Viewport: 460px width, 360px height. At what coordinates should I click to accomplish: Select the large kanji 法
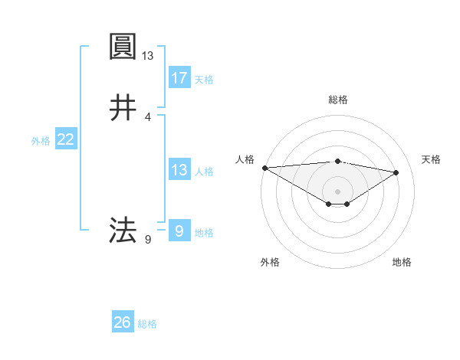pyautogui.click(x=123, y=229)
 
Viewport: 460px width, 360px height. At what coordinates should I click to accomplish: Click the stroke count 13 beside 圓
pyautogui.click(x=148, y=56)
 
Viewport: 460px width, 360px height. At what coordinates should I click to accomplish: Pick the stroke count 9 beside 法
pyautogui.click(x=148, y=240)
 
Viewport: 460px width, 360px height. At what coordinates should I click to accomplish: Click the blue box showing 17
pyautogui.click(x=179, y=78)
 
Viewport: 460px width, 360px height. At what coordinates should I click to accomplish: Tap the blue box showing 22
pyautogui.click(x=66, y=139)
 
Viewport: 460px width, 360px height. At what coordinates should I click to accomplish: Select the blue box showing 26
pyautogui.click(x=123, y=323)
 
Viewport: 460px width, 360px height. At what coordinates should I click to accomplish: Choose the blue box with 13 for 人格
pyautogui.click(x=179, y=170)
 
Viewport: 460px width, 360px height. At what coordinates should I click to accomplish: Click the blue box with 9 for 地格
pyautogui.click(x=179, y=231)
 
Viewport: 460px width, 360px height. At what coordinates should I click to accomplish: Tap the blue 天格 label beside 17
pyautogui.click(x=204, y=79)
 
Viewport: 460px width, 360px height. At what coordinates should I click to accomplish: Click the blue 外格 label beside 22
pyautogui.click(x=41, y=140)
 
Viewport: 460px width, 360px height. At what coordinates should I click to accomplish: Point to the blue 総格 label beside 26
pyautogui.click(x=147, y=324)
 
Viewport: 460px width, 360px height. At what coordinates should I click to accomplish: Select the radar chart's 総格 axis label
pyautogui.click(x=338, y=100)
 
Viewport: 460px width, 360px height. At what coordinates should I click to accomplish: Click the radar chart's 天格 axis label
pyautogui.click(x=432, y=159)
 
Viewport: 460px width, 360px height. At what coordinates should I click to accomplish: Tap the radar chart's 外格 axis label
pyautogui.click(x=270, y=262)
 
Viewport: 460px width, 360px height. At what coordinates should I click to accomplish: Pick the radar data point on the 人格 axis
pyautogui.click(x=264, y=167)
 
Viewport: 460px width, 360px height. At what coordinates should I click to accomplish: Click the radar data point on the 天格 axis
pyautogui.click(x=396, y=172)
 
